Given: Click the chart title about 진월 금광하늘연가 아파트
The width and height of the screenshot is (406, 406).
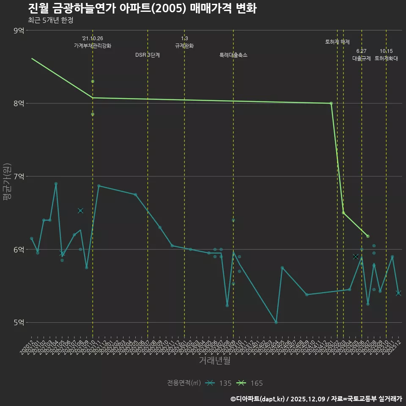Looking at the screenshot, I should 142,8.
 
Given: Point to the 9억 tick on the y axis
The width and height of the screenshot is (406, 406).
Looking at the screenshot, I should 19,30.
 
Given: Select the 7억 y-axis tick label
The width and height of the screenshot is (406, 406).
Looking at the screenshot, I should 19,176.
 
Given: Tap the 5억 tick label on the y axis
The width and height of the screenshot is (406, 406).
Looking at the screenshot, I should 19,322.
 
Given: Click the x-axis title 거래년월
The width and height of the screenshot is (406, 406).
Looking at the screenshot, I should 214,361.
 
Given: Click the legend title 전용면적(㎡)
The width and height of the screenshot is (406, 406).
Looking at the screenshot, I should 184,383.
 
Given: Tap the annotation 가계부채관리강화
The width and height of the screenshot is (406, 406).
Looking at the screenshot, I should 93,46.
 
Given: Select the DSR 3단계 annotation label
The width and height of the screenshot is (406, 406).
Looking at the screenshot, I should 147,55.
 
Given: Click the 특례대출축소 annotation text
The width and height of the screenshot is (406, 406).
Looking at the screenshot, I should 233,55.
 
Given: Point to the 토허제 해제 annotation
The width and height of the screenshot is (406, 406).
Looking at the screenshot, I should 337,42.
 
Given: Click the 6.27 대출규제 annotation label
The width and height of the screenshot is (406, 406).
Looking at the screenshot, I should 362,55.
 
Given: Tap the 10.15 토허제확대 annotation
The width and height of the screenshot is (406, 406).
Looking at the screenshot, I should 386,55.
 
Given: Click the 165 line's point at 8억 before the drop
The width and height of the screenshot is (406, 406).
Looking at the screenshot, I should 331,103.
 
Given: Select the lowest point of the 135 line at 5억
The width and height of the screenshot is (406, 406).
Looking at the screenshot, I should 276,322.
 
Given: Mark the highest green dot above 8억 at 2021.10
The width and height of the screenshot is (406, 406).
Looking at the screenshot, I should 93,81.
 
